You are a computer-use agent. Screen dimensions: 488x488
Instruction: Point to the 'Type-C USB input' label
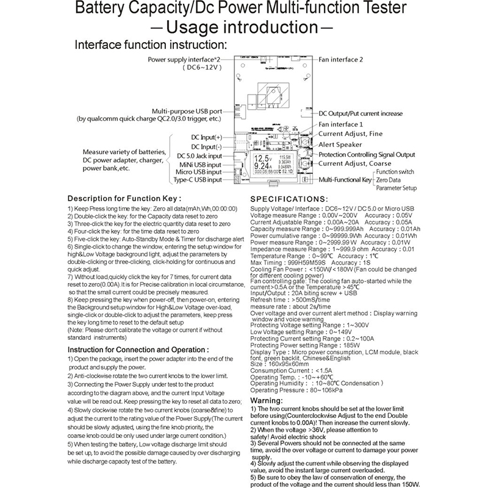point(198,180)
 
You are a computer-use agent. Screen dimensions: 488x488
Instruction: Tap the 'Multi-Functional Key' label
point(345,181)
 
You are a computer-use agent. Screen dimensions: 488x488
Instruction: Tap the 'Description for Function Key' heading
point(124,198)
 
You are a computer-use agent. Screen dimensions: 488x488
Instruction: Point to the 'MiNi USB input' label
point(199,164)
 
